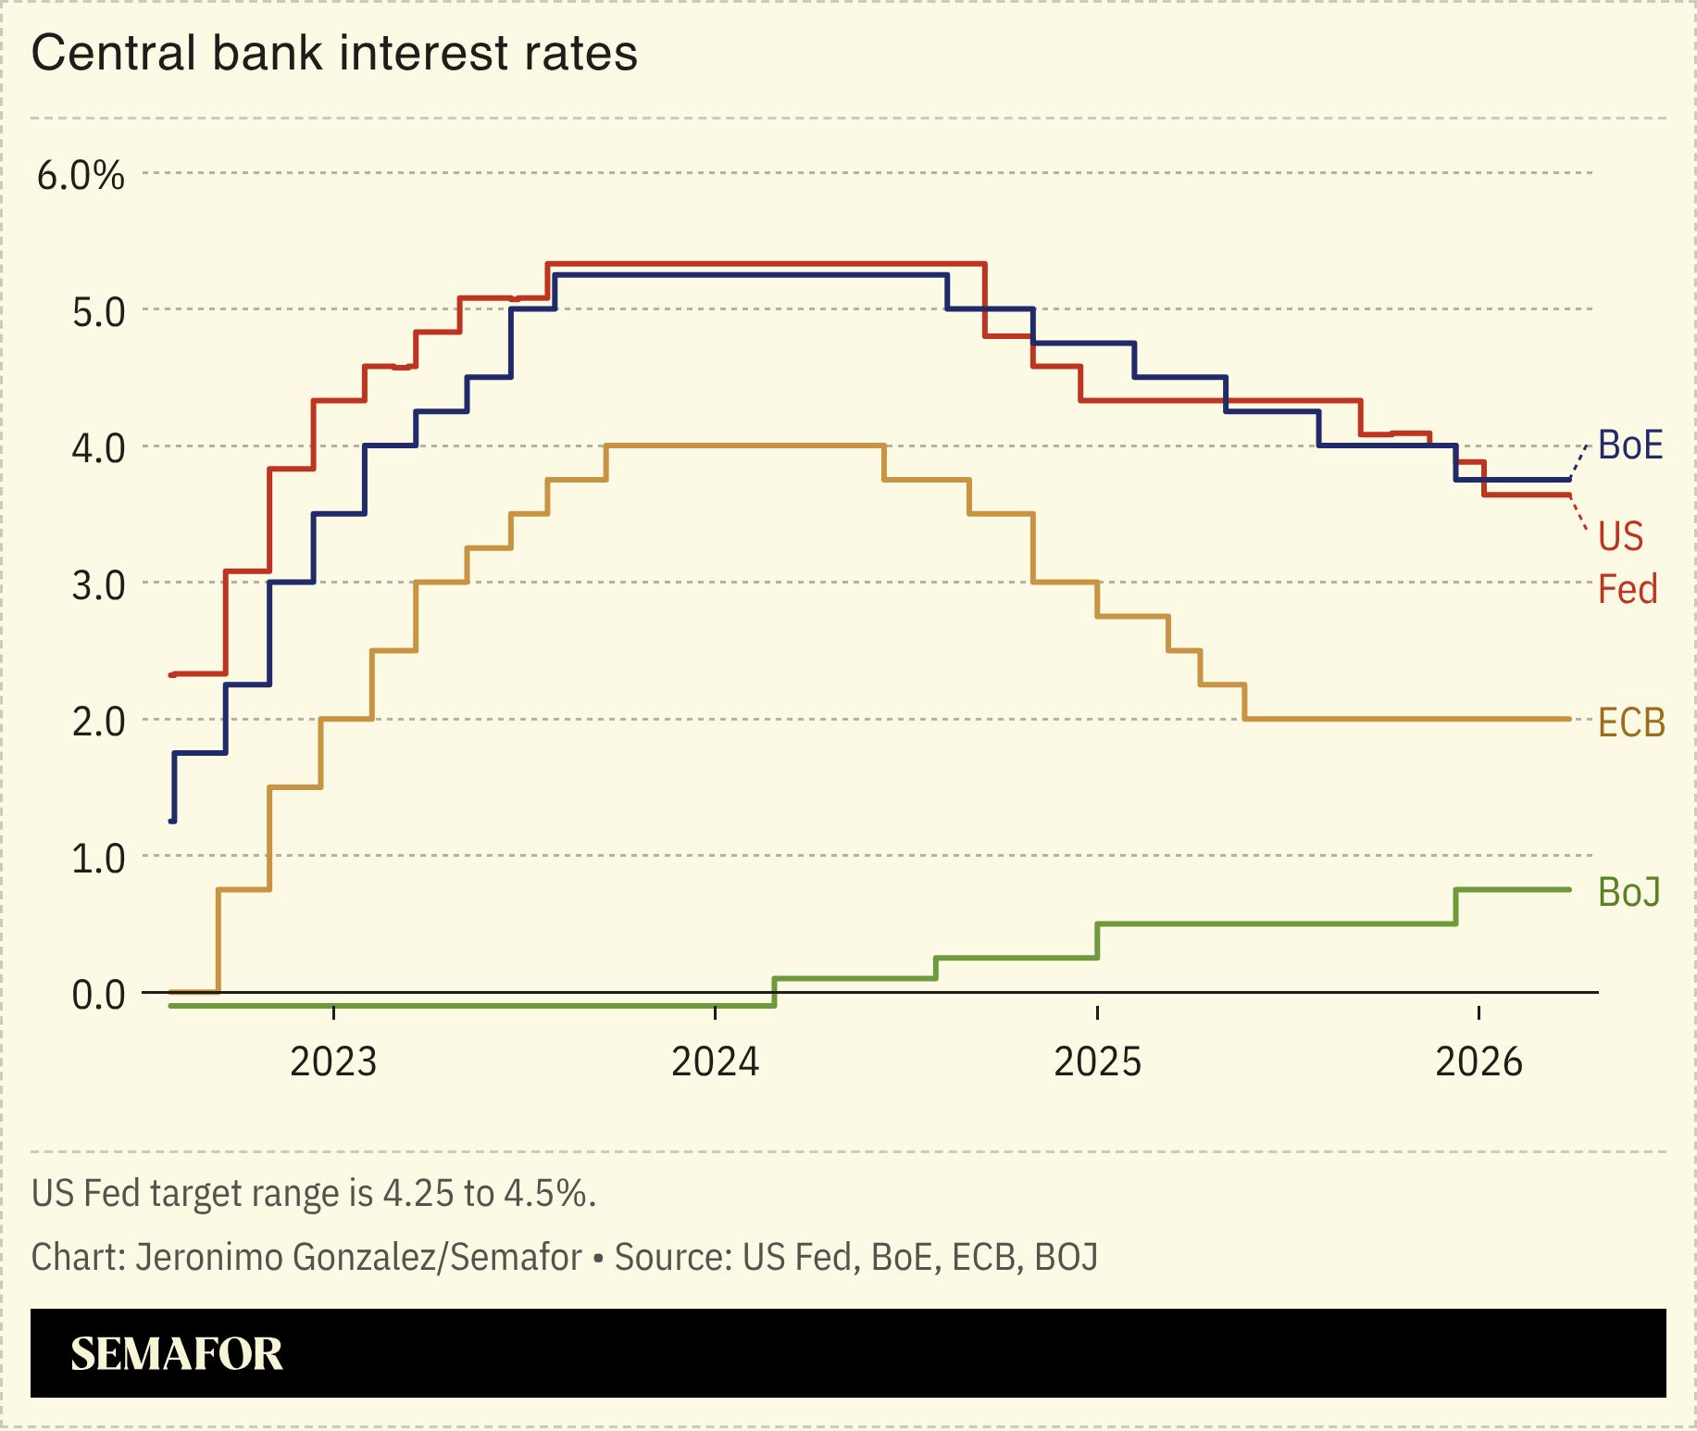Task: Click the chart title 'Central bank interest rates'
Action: point(334,53)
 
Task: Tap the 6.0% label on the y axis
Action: point(81,175)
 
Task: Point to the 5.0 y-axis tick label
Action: point(98,312)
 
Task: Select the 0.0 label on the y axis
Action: point(98,995)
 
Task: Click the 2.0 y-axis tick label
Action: point(98,722)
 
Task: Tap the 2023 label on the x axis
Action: point(333,1061)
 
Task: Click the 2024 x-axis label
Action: point(715,1061)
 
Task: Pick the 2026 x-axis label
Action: point(1479,1061)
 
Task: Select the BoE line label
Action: point(1629,446)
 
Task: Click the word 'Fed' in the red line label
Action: point(1627,589)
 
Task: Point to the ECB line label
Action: point(1631,722)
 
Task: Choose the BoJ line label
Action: point(1628,892)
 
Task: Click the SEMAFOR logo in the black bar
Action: point(176,1354)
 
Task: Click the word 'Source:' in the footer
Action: point(673,1258)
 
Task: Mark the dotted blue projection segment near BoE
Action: point(1579,461)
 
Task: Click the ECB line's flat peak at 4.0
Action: point(745,446)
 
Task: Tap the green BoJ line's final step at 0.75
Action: point(1514,889)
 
